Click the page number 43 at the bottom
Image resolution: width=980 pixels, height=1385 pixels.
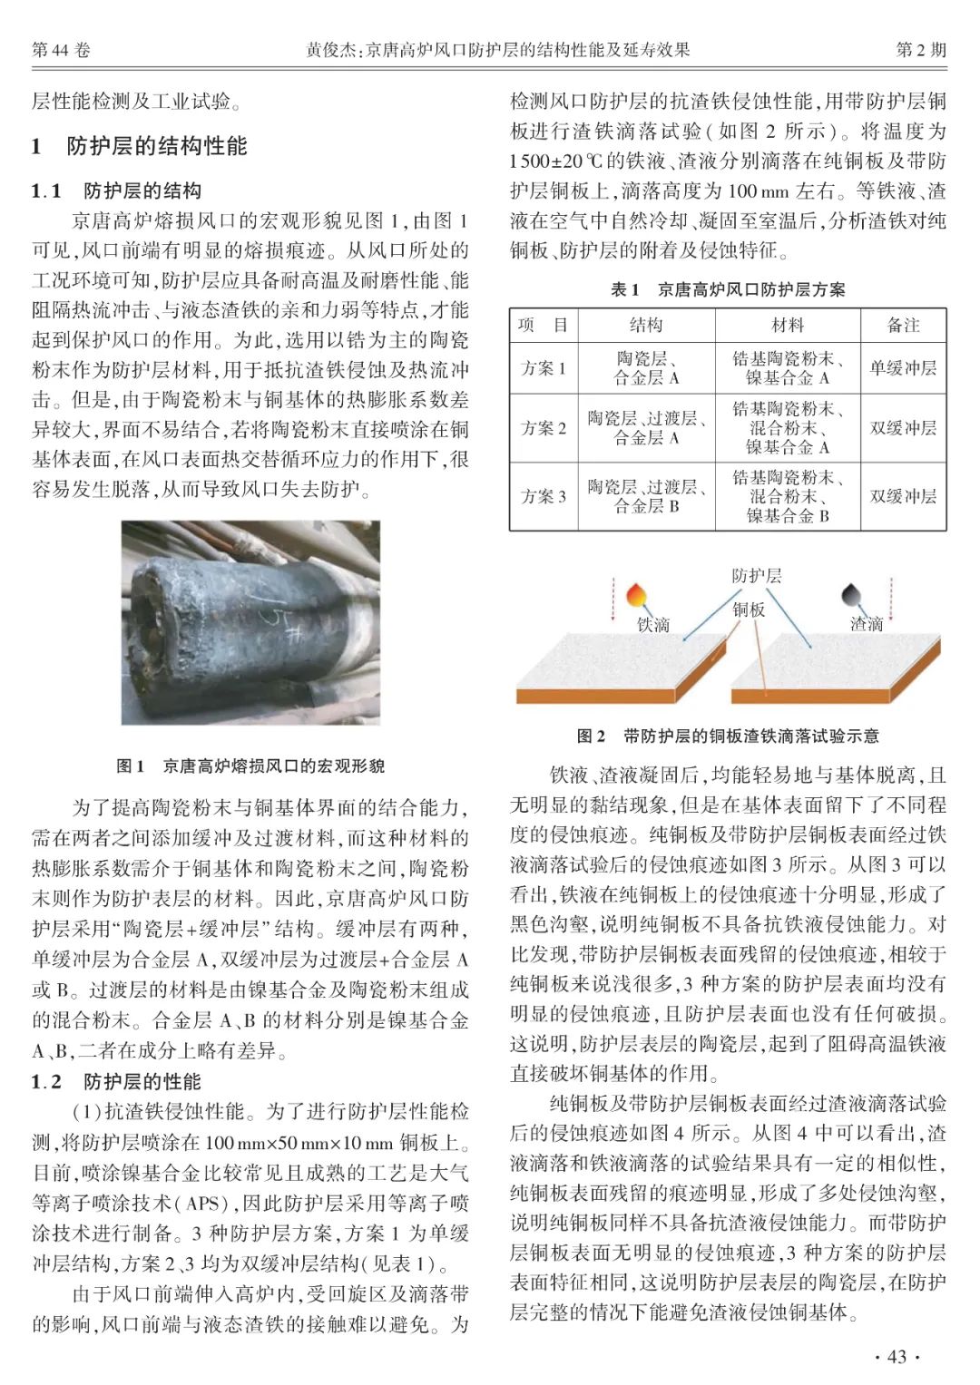[x=896, y=1357]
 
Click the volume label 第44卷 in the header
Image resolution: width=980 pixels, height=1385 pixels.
[x=61, y=50]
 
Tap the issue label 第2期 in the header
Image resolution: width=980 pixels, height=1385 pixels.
[x=920, y=50]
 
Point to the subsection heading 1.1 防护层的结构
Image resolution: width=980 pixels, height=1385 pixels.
[x=116, y=191]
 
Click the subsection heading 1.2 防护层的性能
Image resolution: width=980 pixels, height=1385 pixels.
[x=116, y=1081]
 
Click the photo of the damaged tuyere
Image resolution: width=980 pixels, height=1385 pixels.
[x=250, y=622]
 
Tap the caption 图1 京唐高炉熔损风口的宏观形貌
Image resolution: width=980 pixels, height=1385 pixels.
[x=250, y=766]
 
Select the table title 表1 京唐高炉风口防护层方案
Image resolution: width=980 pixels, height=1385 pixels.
[x=728, y=289]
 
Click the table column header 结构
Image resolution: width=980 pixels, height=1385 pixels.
[x=646, y=325]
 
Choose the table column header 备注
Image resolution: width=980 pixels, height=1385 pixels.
[x=903, y=325]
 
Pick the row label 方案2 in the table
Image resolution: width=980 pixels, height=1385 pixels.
[x=544, y=428]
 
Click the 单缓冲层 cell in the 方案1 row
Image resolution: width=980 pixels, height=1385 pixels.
[x=903, y=368]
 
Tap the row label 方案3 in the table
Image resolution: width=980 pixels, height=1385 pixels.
[x=544, y=496]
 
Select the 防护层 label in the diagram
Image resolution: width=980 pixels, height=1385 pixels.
[x=756, y=576]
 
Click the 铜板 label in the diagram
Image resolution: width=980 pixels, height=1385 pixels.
[x=749, y=610]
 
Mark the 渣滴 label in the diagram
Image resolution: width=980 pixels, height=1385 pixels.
[x=867, y=623]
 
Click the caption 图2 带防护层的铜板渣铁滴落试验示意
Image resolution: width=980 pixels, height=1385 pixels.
[x=728, y=736]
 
